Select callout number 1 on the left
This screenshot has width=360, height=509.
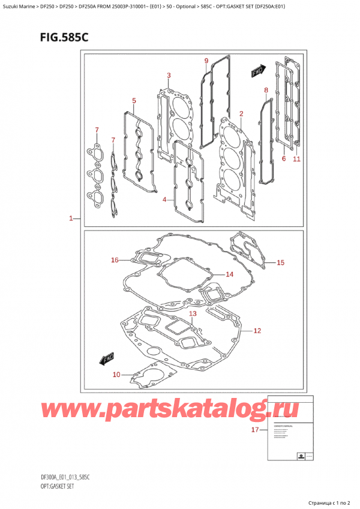point(71,219)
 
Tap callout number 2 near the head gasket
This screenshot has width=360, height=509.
point(241,113)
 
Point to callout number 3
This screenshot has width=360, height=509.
point(169,76)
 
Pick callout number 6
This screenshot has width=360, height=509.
point(283,158)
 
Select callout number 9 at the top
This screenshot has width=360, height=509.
point(206,61)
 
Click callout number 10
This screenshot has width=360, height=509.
point(118,375)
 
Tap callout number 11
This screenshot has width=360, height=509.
point(296,159)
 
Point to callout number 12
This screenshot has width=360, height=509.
point(257,330)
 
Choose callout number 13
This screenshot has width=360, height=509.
point(193,314)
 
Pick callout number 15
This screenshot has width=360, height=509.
point(280,262)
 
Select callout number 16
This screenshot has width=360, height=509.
point(115,260)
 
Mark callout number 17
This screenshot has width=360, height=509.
point(254,430)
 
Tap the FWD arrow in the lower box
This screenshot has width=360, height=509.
point(106,359)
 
